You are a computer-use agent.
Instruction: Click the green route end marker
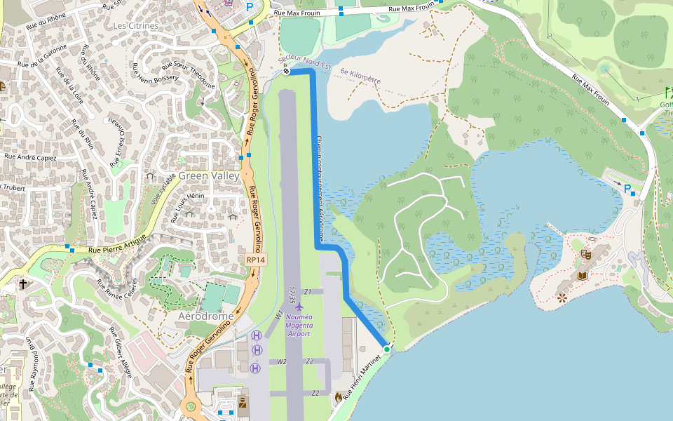[386, 349]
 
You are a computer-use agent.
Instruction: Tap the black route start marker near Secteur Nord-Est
[286, 71]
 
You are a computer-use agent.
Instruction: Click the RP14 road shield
[256, 260]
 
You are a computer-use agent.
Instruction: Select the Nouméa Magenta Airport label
[299, 326]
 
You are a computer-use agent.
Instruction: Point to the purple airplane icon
[299, 307]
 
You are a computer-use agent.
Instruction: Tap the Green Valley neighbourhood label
[209, 176]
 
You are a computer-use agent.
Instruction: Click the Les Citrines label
[136, 26]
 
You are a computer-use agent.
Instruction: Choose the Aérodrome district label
[205, 316]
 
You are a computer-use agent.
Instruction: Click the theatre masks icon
[586, 255]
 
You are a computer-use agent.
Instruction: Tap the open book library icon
[581, 276]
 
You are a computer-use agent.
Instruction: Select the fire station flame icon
[339, 397]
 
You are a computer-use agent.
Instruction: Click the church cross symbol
[23, 285]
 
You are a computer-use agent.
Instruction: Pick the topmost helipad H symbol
[257, 336]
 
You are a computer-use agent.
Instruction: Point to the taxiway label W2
[282, 362]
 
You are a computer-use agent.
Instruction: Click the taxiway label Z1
[307, 291]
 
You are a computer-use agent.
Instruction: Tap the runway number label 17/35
[292, 294]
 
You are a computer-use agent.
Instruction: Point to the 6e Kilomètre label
[360, 76]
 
